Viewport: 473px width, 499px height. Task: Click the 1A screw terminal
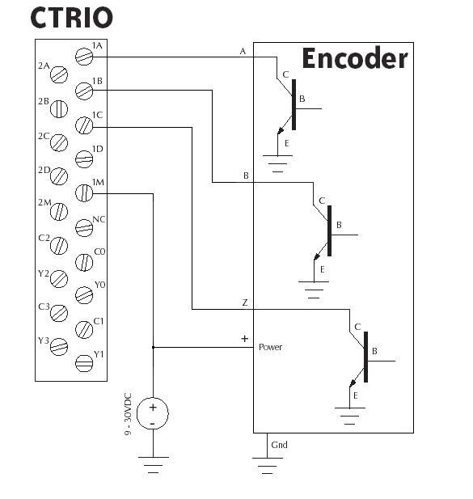coord(84,57)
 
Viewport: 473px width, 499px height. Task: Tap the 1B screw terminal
coord(84,91)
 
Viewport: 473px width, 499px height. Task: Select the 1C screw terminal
coord(84,125)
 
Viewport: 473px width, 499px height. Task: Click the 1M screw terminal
coord(84,192)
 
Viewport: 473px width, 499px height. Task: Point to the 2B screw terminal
coord(59,109)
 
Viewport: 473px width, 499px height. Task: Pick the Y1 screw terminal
coord(84,363)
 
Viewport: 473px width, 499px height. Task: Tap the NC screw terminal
coord(84,228)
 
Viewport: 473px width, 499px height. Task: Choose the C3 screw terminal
coord(59,313)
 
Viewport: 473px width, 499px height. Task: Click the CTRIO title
coord(72,18)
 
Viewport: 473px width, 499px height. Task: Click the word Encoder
coord(355,58)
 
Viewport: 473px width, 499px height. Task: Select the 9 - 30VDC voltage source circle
coord(153,413)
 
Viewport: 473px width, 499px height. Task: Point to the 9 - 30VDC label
coord(128,414)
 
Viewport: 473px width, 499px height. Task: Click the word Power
coord(270,347)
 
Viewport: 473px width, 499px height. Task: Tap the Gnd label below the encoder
coord(279,445)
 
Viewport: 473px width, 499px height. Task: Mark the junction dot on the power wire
coord(153,347)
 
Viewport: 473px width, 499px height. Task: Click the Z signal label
coord(245,302)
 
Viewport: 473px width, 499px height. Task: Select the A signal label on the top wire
coord(243,51)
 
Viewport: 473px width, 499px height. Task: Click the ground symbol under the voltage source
coord(154,465)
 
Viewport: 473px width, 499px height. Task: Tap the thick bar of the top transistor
coord(294,104)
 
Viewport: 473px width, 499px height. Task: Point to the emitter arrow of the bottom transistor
coord(353,383)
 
